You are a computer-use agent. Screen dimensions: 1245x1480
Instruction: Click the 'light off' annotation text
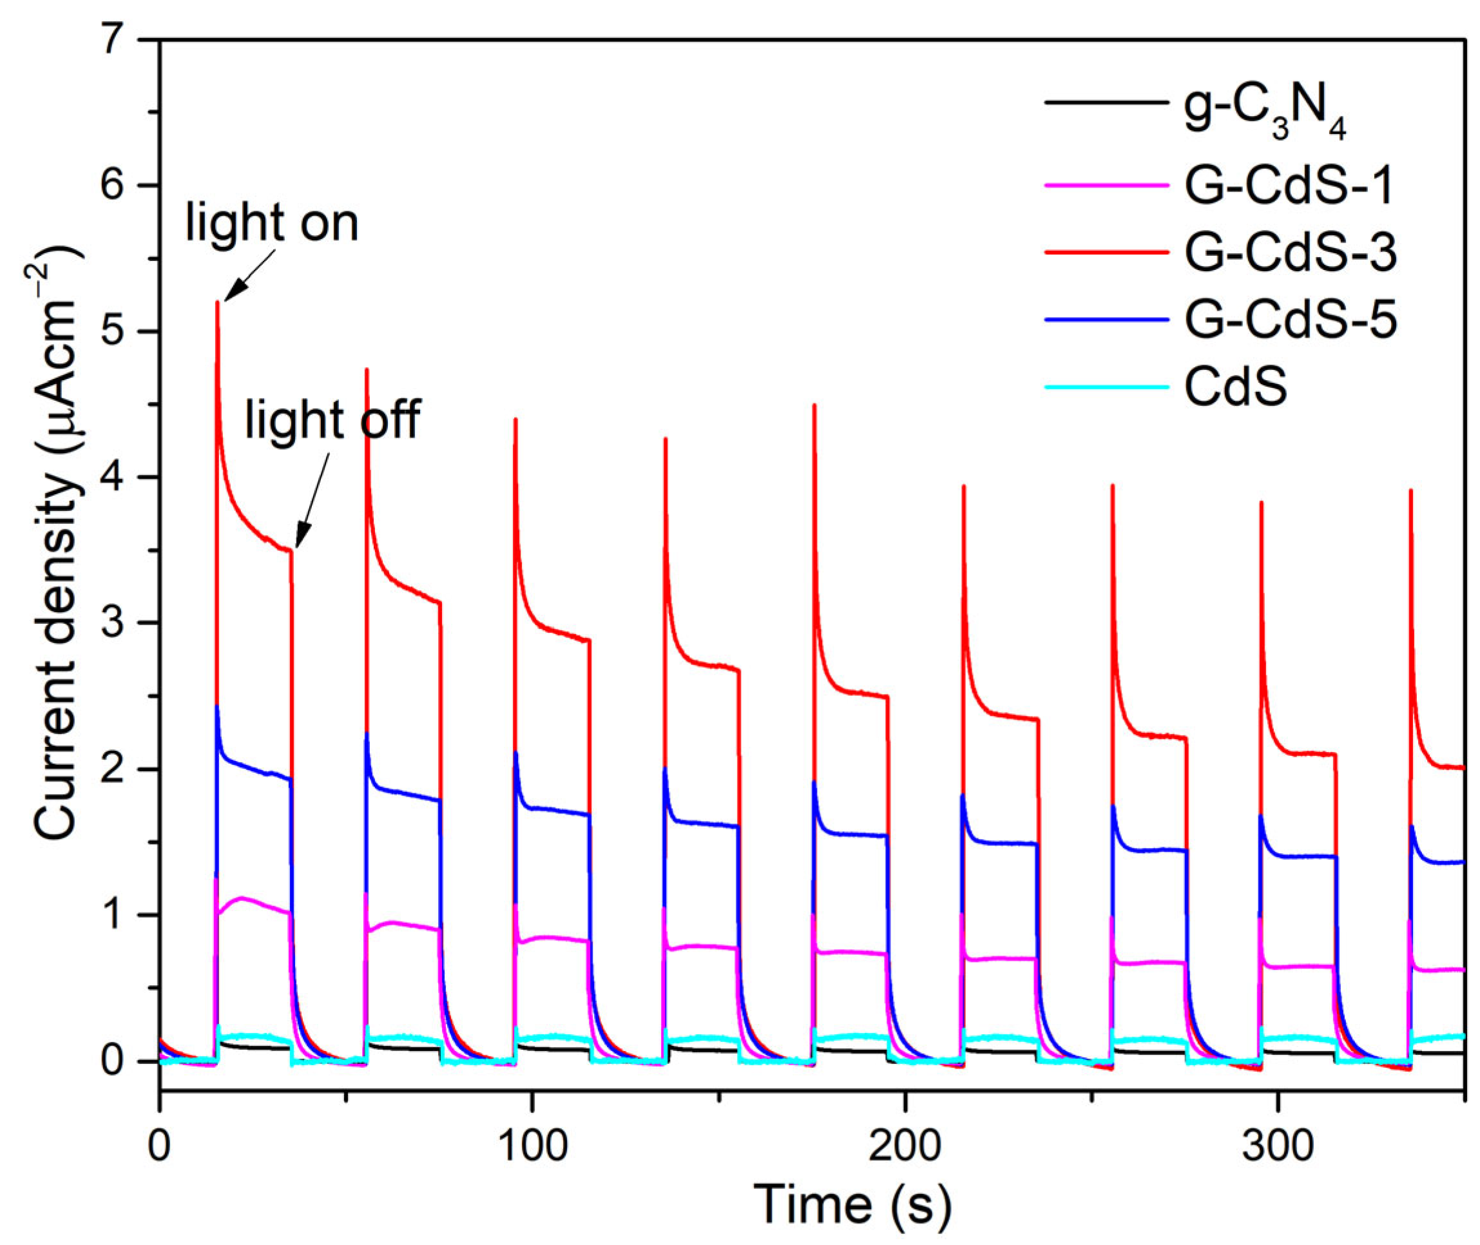click(x=332, y=420)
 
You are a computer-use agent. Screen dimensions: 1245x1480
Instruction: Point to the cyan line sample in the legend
click(x=1104, y=387)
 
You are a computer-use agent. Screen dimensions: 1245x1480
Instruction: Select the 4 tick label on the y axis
click(x=117, y=478)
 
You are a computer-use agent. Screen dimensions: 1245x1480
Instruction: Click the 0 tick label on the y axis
click(x=117, y=1062)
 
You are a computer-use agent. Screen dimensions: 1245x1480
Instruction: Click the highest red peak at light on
click(x=217, y=304)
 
